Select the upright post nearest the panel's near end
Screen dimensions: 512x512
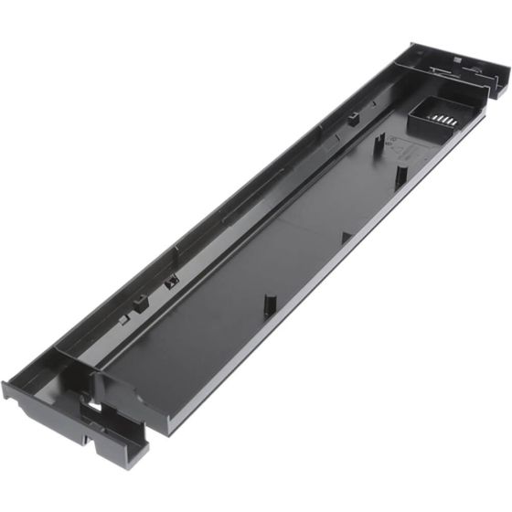coord(269,304)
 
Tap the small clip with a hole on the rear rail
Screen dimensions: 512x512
coord(169,283)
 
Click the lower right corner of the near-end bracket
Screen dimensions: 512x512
coord(146,448)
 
